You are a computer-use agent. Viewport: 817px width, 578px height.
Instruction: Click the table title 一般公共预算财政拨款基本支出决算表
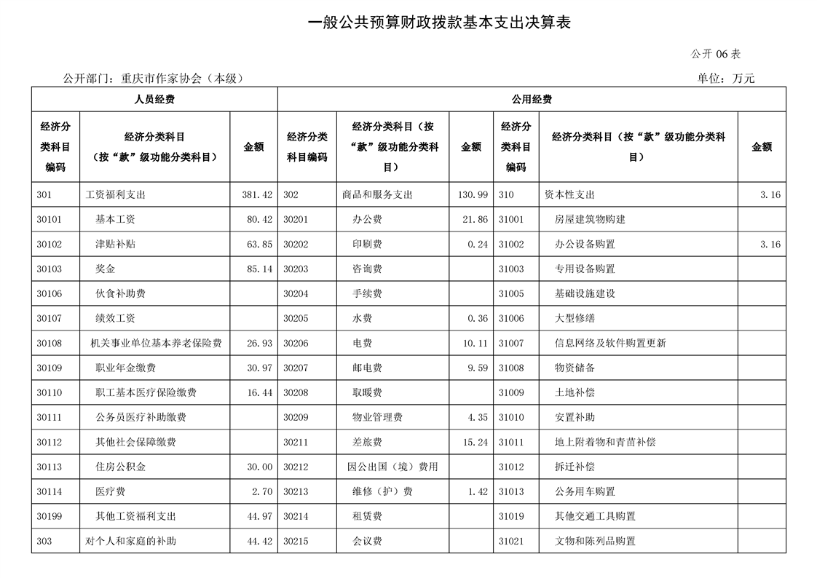coord(439,23)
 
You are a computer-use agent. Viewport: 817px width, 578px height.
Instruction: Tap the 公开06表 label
coord(716,55)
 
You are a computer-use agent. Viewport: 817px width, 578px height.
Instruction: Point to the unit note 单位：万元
coord(726,79)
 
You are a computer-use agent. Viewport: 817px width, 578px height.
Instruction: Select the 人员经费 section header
coord(154,99)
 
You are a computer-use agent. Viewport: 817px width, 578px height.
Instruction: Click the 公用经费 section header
coord(532,99)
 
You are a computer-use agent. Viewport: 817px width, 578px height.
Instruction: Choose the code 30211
coord(296,443)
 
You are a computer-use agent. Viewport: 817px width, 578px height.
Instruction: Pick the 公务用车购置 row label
coord(585,492)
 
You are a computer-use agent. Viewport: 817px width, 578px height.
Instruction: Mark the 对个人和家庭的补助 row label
coord(131,542)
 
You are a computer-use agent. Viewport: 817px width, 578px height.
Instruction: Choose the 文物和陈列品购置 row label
coord(595,542)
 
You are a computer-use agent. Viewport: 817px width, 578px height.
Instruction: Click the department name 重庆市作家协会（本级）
coord(182,79)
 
